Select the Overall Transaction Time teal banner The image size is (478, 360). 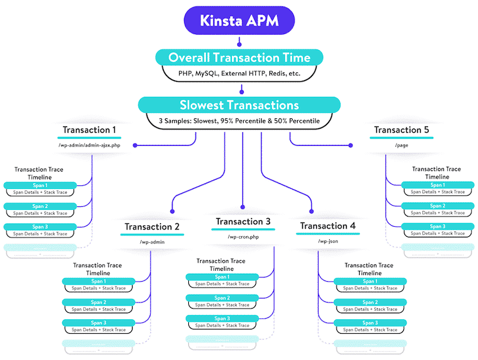tap(239, 58)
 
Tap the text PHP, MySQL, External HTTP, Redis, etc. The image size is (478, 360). tap(239, 74)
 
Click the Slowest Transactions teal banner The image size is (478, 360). tap(239, 105)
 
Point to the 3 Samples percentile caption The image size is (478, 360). tap(239, 121)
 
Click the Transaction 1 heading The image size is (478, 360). tap(89, 130)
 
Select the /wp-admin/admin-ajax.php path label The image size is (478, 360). tap(89, 145)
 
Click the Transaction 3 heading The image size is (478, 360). tap(243, 221)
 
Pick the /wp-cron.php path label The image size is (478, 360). tap(243, 237)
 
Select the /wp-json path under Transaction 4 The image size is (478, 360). tap(328, 242)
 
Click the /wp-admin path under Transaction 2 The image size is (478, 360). tap(152, 242)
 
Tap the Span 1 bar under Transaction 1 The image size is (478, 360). tap(40, 185)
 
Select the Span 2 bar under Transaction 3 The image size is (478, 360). tap(222, 298)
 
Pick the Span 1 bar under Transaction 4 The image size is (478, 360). tap(370, 281)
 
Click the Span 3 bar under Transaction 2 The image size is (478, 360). tap(99, 323)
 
